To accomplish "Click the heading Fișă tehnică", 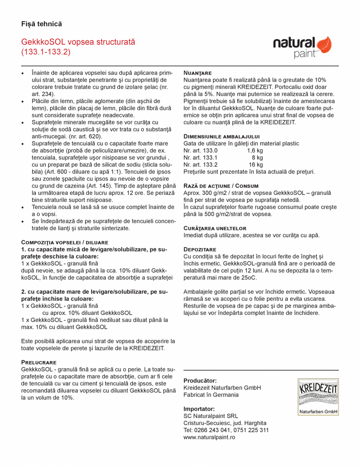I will [42, 24].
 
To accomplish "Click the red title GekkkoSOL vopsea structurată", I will [78, 42].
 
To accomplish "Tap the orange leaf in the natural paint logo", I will [324, 45].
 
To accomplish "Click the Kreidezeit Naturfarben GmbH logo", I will [318, 396].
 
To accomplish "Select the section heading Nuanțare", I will [197, 73].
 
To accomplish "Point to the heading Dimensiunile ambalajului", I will [222, 136].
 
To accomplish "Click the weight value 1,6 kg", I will [255, 150].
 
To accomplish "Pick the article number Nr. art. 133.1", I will [201, 157].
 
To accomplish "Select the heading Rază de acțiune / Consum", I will [221, 186].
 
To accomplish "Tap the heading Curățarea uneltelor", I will [215, 228].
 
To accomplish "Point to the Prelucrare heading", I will [39, 362].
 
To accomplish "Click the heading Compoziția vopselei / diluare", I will [65, 242].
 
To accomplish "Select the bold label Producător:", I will [200, 381].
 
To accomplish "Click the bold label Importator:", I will [199, 409].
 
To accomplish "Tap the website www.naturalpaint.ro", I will [209, 437].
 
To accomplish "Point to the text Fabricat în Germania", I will [211, 395].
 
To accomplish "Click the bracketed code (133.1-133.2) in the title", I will [46, 52].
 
